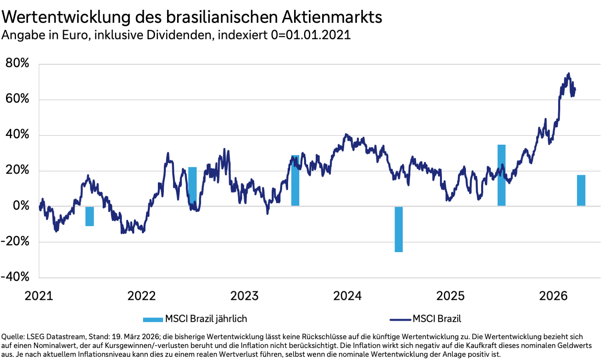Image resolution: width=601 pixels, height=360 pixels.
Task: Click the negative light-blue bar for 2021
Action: coord(89,216)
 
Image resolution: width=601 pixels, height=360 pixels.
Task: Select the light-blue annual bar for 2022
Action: coord(192,186)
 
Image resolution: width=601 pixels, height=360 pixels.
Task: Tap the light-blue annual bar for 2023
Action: coord(295,180)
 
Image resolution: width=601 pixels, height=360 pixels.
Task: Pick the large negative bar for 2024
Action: coord(398,229)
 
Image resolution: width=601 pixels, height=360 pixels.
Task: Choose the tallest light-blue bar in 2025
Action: coord(501,175)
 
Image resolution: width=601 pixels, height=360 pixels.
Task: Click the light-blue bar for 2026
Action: coord(581,190)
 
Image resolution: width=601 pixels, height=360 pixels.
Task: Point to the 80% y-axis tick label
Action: coord(17,63)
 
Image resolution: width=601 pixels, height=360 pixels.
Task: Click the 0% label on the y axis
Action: coord(21,206)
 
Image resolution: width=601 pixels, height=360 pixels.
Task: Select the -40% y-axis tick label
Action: coord(15,277)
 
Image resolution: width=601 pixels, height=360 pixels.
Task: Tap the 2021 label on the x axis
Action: coord(39,296)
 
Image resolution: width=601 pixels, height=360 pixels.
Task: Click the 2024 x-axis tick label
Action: coord(347,296)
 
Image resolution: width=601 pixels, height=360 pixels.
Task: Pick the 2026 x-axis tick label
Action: coord(553,296)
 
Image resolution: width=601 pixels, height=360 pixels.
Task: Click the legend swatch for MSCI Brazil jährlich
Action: coord(153,320)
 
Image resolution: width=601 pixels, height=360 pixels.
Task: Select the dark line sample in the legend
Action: coord(400,320)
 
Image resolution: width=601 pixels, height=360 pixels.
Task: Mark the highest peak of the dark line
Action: coord(569,74)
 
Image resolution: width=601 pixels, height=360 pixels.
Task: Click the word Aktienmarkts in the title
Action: coord(332,17)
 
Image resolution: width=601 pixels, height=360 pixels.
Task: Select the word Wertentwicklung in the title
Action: coord(66,17)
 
